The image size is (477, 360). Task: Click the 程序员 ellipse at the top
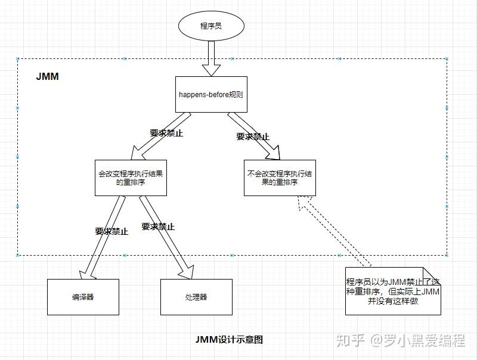(x=212, y=27)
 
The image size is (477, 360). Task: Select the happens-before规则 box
(x=211, y=94)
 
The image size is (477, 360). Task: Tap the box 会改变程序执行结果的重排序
(x=131, y=178)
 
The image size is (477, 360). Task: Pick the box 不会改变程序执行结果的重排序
(x=280, y=178)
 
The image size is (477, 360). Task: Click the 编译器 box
(x=83, y=297)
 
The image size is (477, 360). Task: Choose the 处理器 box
(x=196, y=297)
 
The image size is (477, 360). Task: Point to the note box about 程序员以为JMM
(x=393, y=291)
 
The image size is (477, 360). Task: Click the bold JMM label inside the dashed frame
(x=47, y=77)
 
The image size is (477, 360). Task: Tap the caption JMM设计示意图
(x=229, y=340)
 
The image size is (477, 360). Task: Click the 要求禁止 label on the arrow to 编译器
(x=111, y=231)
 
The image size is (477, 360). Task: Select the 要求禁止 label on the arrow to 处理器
(x=158, y=226)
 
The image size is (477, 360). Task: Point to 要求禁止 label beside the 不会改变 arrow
(x=253, y=136)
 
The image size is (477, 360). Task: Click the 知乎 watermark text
(x=351, y=340)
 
